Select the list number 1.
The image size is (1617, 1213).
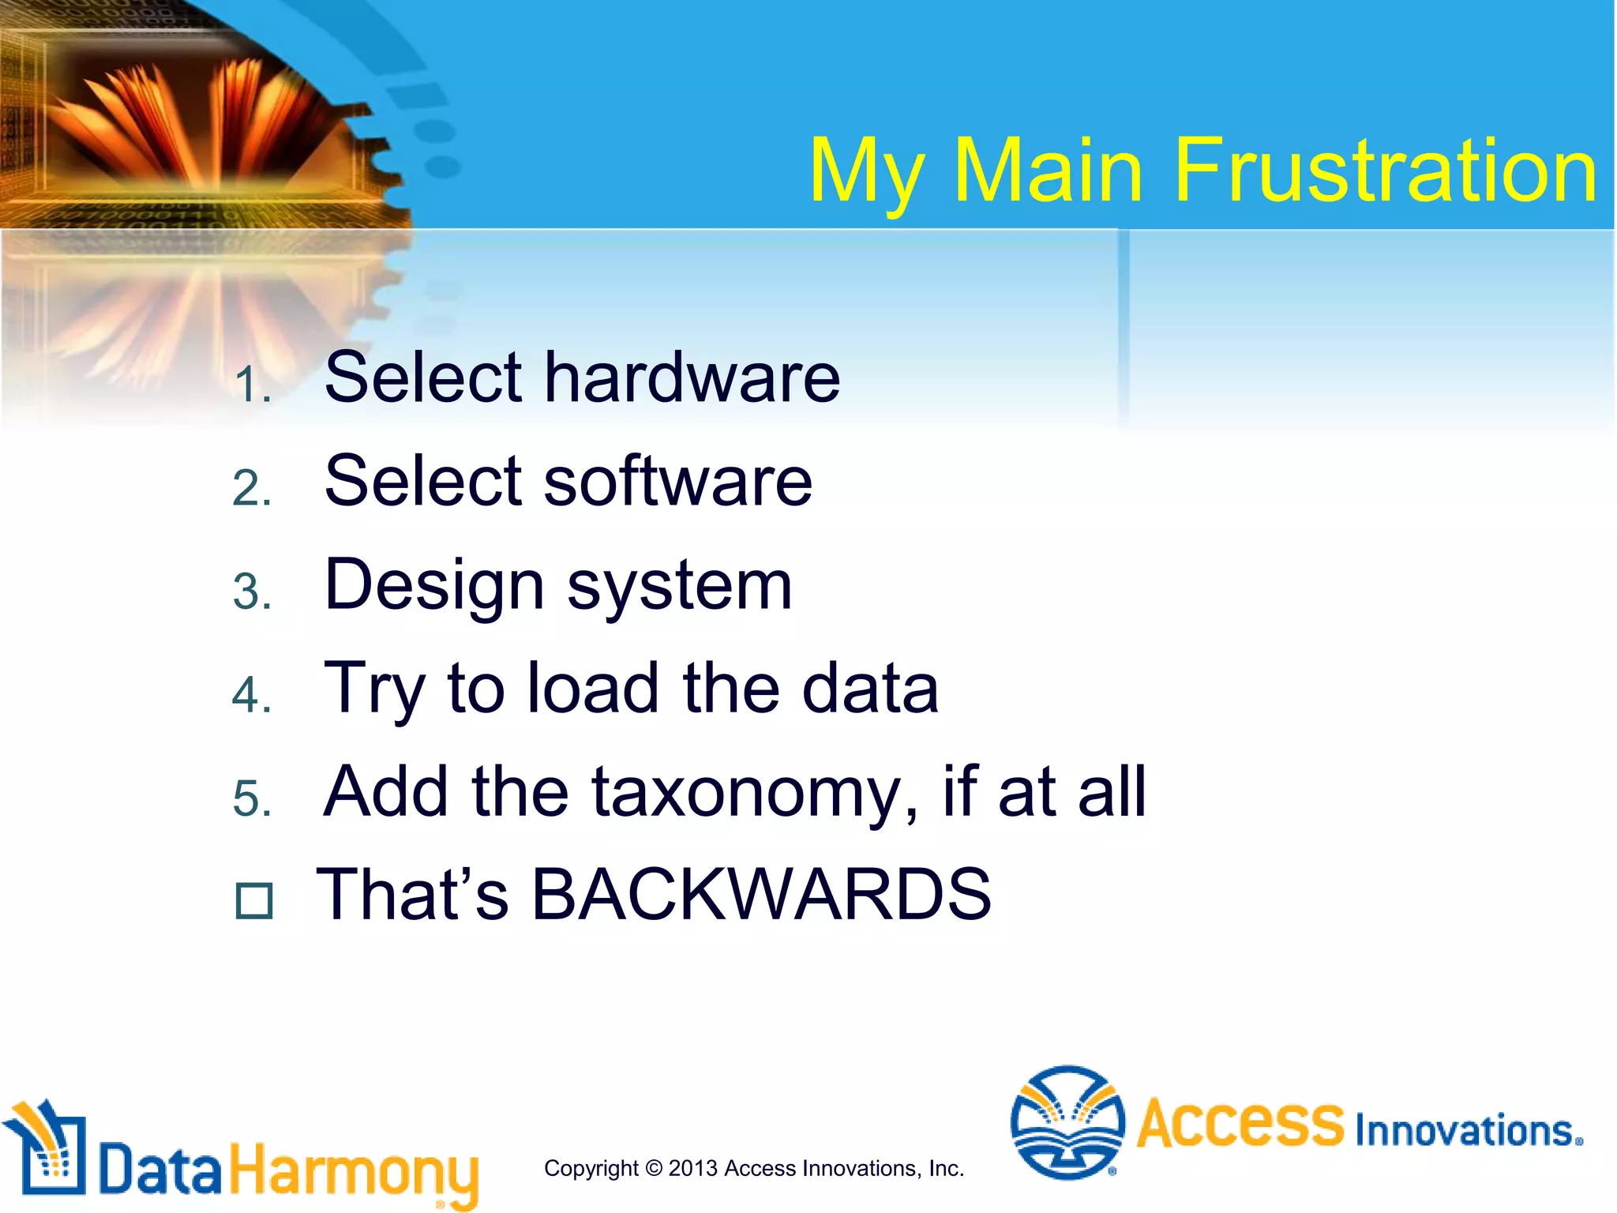(252, 386)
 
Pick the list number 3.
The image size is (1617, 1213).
(252, 592)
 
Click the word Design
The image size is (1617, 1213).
(434, 586)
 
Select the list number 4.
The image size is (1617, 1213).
(252, 696)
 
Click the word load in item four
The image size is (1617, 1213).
(592, 688)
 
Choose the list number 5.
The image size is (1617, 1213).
(252, 798)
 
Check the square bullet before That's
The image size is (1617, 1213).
(254, 901)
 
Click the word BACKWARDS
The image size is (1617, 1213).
(761, 895)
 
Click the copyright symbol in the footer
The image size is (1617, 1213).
(654, 1168)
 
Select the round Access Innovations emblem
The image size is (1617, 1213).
(1067, 1122)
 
